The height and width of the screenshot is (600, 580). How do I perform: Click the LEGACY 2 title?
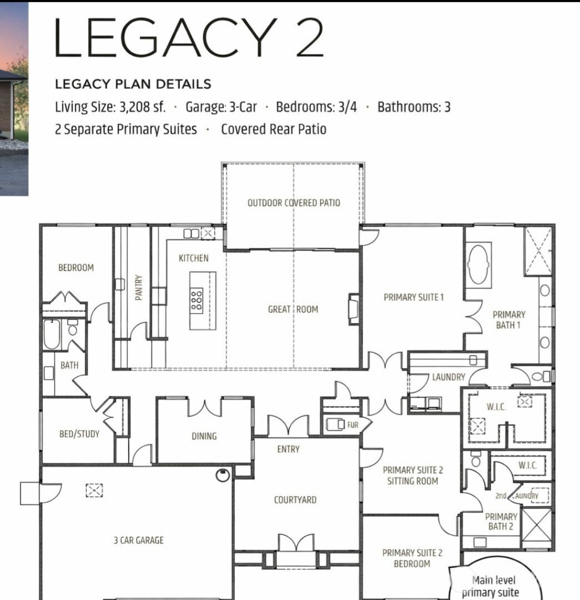click(189, 37)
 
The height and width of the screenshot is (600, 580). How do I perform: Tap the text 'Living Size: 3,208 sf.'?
click(110, 107)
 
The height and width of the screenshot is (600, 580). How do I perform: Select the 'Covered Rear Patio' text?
click(273, 130)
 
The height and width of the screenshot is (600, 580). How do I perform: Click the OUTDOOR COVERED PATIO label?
click(294, 203)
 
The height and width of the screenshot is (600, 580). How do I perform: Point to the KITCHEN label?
click(194, 258)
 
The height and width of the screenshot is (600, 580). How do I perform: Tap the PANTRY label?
click(139, 288)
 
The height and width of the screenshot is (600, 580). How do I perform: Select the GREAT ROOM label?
click(293, 309)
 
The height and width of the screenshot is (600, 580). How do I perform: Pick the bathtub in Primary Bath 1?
click(478, 265)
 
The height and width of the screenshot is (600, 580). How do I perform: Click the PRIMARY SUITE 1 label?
click(413, 297)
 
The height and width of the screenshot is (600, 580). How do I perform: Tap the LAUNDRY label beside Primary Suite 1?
click(448, 377)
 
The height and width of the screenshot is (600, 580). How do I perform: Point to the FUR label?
click(353, 425)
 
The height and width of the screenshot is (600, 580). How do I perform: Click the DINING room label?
click(204, 436)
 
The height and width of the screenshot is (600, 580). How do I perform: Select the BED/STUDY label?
click(79, 434)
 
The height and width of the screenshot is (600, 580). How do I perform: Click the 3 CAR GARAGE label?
click(139, 540)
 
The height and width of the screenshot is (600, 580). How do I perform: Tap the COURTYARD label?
click(295, 500)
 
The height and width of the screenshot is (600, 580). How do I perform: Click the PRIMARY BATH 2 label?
click(501, 521)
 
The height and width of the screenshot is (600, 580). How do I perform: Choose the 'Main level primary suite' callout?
click(493, 587)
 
